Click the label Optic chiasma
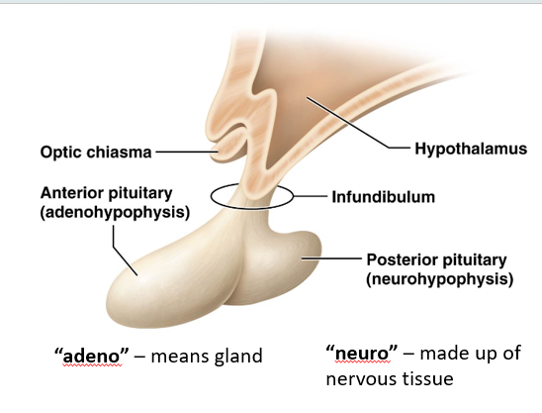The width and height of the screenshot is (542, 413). [x=96, y=153]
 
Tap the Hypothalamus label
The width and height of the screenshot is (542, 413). [x=471, y=149]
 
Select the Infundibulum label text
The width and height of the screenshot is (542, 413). [x=384, y=197]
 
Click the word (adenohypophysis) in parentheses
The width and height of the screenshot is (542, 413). [x=115, y=212]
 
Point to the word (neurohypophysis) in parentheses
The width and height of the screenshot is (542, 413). [x=440, y=279]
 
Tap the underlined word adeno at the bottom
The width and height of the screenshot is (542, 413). [x=92, y=357]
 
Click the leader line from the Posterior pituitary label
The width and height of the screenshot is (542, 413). [x=332, y=258]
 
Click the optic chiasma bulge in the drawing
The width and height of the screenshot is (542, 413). [x=228, y=148]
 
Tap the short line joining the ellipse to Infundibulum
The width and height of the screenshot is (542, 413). [x=311, y=196]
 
